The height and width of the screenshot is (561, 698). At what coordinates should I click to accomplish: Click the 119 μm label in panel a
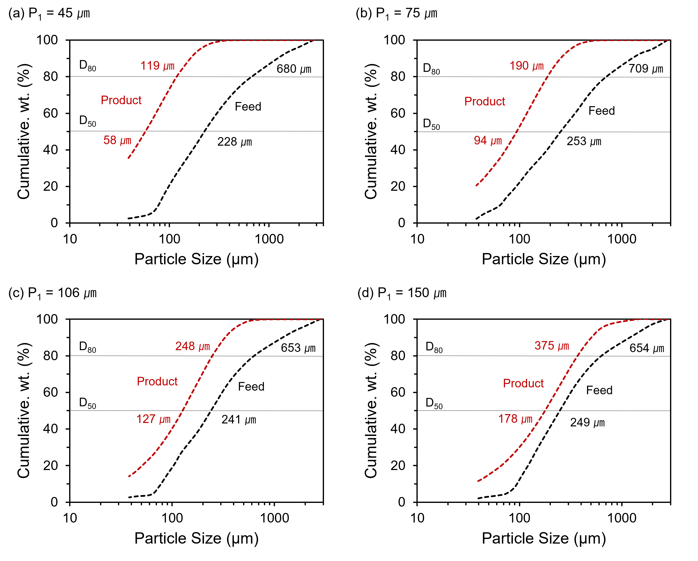pyautogui.click(x=157, y=66)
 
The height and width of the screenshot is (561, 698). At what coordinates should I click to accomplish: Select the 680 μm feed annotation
pyautogui.click(x=294, y=69)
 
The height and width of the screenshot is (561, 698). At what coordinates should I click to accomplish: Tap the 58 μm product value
pyautogui.click(x=117, y=140)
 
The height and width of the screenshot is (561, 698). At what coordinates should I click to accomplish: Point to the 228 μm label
pyautogui.click(x=234, y=141)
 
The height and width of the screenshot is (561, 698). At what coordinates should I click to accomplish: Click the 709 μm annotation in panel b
pyautogui.click(x=646, y=69)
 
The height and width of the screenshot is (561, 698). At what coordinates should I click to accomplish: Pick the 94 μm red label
pyautogui.click(x=488, y=140)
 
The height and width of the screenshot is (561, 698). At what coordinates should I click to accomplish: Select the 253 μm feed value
pyautogui.click(x=584, y=141)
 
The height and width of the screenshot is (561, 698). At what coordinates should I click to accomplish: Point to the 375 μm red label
pyautogui.click(x=552, y=345)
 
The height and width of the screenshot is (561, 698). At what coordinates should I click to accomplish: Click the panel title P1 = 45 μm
pyautogui.click(x=49, y=13)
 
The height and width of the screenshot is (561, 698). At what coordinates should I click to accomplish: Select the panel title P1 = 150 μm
pyautogui.click(x=402, y=293)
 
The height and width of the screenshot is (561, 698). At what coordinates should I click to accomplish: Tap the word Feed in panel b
pyautogui.click(x=601, y=111)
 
